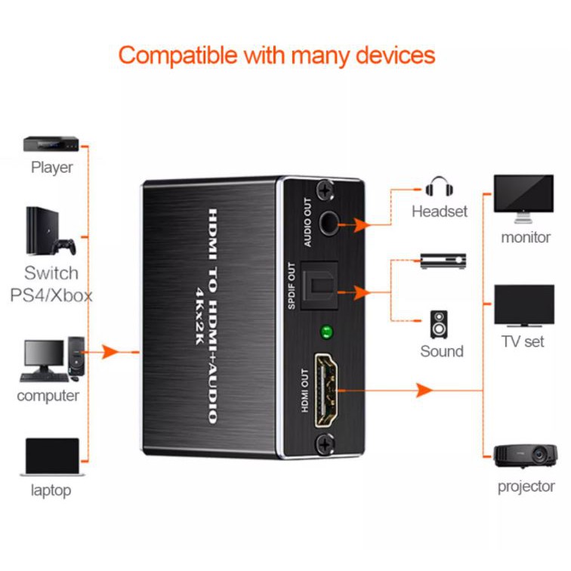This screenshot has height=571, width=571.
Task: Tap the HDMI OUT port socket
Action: [329, 391]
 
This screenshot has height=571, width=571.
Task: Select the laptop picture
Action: [51, 457]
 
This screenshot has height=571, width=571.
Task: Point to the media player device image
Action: [51, 144]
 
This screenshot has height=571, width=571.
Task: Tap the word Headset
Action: [439, 212]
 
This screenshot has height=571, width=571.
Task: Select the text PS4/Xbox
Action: [51, 295]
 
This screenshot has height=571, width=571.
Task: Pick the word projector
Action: [526, 486]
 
